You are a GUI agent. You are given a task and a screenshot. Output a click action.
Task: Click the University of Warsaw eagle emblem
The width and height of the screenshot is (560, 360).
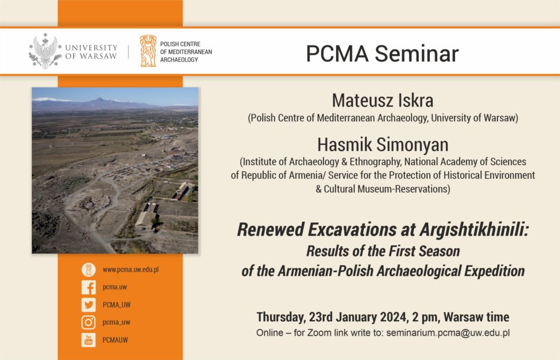coord(45,52)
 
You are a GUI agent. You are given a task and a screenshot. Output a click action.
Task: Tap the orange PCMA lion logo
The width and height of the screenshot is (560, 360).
coord(148,51)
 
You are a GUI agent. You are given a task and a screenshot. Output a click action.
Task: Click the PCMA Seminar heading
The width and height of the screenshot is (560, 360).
coord(382,54)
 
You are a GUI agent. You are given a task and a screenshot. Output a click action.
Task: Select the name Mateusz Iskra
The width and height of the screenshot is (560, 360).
coord(382,100)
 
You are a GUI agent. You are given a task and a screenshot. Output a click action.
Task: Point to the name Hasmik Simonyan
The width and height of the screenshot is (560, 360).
coord(383,145)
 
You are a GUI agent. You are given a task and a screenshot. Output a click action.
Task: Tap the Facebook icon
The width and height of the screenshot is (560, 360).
coord(89,287)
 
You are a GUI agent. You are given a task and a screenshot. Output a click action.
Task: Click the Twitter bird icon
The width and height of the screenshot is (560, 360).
coord(89,304)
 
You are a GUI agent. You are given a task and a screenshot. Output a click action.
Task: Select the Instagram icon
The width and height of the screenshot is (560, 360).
coord(89,322)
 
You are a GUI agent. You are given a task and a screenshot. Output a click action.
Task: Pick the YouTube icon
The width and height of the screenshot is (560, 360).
coord(89,340)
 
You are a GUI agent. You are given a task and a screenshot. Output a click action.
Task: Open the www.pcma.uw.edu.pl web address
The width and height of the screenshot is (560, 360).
coord(131,270)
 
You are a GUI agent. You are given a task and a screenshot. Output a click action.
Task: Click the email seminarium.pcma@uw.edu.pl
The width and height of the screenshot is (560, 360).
coord(448,333)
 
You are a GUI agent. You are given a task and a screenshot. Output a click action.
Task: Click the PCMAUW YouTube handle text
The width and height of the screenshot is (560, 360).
coord(115,340)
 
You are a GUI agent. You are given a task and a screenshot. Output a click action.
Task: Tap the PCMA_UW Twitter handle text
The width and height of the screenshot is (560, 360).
coord(116,304)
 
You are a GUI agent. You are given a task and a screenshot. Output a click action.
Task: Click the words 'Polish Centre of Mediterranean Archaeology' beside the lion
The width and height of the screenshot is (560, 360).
coord(186,52)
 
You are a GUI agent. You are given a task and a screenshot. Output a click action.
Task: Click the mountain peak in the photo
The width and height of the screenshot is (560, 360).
coord(99,98)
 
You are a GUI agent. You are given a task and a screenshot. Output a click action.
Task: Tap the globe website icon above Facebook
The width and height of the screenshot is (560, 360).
coord(89,270)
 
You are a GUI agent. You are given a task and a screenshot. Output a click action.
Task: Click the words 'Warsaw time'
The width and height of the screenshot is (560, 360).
coord(477,317)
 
